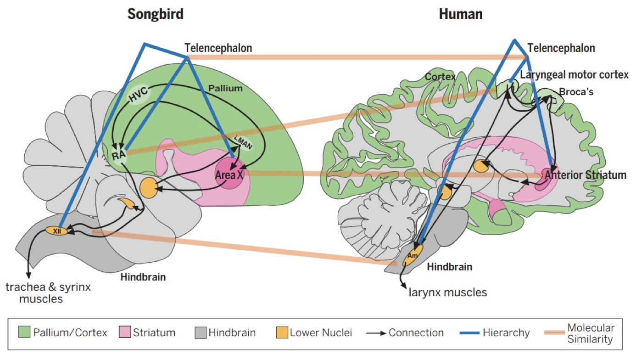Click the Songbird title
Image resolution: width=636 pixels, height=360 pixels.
point(155,14)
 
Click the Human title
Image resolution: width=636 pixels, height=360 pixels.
point(461,14)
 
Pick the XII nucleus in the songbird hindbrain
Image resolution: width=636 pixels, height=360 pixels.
point(57,231)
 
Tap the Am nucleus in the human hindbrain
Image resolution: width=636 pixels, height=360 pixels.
point(413,255)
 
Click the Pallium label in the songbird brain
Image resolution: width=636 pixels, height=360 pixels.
point(224,88)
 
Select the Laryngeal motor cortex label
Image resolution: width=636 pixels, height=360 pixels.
point(574,75)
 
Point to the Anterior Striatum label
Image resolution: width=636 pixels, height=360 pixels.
point(586,175)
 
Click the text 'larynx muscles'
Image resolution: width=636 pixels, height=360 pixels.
point(447,292)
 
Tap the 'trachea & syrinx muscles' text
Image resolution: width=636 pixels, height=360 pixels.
point(48,293)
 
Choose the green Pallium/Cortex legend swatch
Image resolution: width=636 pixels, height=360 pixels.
point(24,332)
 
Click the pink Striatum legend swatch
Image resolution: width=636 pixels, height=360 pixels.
point(125,332)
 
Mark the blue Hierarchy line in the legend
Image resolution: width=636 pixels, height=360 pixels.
point(466,333)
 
